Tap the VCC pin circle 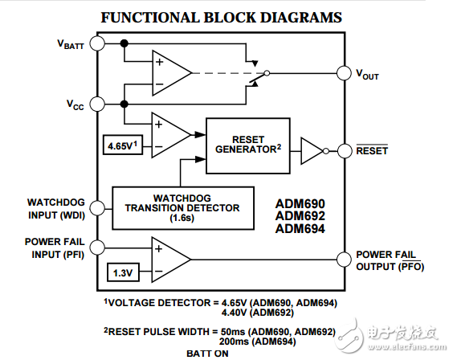point(98,104)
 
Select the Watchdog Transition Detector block point(182,207)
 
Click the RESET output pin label point(372,150)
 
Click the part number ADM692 point(300,216)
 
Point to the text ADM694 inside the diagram point(300,229)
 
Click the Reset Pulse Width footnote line point(219,331)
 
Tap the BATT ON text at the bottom point(207,353)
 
